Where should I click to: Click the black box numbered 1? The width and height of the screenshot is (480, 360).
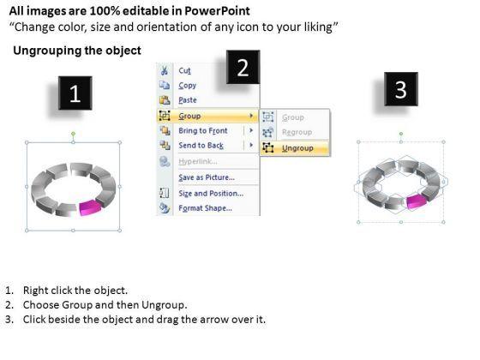tap(75, 93)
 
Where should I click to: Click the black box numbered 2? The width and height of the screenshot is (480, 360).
tap(243, 67)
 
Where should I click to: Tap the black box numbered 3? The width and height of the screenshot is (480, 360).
tap(401, 89)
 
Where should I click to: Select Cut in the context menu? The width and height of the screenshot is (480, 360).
tap(184, 70)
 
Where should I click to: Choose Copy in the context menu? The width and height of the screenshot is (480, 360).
tap(188, 86)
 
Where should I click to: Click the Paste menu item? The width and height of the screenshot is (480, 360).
tap(188, 100)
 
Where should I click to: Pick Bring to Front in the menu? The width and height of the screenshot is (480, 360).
tap(203, 130)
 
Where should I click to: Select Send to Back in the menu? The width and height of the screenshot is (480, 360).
tap(201, 146)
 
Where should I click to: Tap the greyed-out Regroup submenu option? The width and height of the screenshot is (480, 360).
tap(297, 132)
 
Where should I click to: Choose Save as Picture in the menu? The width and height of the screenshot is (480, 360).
tap(207, 177)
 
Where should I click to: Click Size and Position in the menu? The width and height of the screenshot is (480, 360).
tap(211, 194)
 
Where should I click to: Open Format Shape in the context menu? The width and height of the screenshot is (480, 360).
tap(205, 208)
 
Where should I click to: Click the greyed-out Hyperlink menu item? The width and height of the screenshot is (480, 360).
tap(198, 161)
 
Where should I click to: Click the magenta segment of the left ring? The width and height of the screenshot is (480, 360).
tap(90, 207)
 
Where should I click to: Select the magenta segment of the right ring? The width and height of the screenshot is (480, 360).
tap(417, 201)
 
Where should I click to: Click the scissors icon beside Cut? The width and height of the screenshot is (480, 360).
tap(165, 70)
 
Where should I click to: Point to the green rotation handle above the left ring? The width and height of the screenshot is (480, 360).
tap(73, 134)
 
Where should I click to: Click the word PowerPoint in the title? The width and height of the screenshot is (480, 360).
tap(217, 11)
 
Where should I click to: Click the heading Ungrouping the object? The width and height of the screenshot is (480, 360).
tap(77, 51)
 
